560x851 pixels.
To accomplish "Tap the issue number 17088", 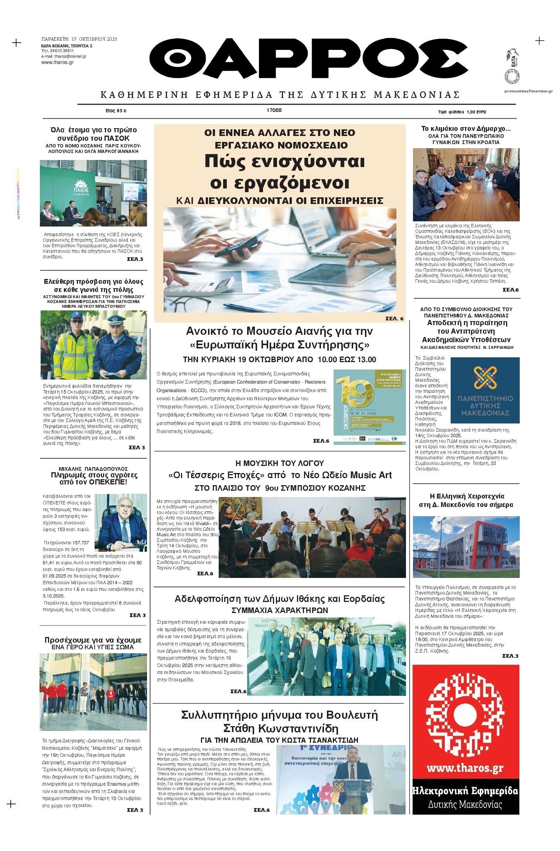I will (274, 110).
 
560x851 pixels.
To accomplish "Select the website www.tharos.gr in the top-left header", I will (57, 62).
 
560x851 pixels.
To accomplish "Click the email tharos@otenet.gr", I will (64, 57).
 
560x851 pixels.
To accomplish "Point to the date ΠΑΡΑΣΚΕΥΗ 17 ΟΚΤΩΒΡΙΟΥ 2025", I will (79, 39).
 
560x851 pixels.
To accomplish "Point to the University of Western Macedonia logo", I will (485, 389).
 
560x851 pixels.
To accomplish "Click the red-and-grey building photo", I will (466, 547).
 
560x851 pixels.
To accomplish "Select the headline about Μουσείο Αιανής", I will (279, 338).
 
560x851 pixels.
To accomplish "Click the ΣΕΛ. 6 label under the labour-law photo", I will (395, 319).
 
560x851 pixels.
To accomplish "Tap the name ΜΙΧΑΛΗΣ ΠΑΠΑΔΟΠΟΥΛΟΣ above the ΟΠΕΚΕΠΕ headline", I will (93, 469).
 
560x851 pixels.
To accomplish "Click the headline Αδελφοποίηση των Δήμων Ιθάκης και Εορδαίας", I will (279, 599).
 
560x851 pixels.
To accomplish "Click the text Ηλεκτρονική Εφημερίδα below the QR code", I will (465, 791).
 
